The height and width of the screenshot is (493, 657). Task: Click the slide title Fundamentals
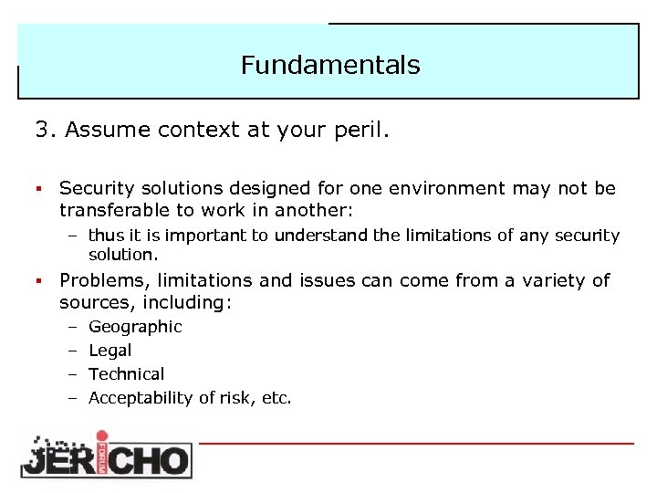point(330,66)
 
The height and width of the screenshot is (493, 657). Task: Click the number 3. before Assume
point(46,131)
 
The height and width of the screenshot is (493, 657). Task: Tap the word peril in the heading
point(363,131)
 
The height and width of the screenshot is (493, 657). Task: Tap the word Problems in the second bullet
point(102,281)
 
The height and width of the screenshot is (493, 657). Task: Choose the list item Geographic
point(135,327)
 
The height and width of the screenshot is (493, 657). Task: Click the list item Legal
point(109,351)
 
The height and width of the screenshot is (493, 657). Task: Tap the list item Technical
point(126,374)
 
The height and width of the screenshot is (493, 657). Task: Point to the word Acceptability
point(141,398)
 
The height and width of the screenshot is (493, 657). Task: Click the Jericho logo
point(106,454)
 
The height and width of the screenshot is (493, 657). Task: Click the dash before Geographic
point(71,327)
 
